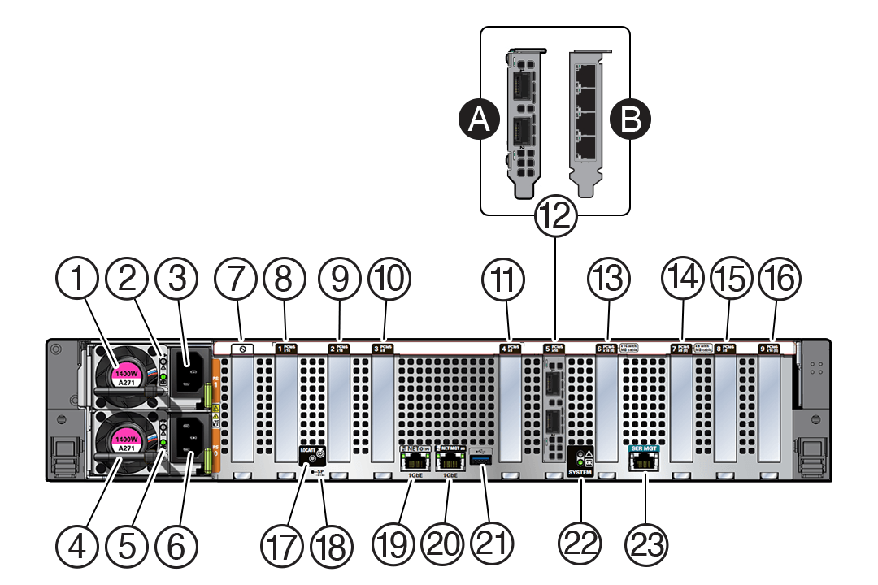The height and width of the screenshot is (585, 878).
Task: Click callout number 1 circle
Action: pyautogui.click(x=78, y=279)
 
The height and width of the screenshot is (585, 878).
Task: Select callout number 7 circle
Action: pyautogui.click(x=236, y=279)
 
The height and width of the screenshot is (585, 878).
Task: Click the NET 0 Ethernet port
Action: pyautogui.click(x=410, y=461)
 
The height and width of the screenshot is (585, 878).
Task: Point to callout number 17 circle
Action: pyautogui.click(x=282, y=540)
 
